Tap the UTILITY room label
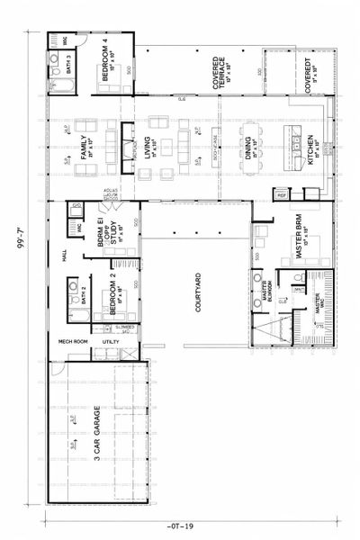click(111, 342)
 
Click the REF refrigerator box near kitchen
click(280, 195)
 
